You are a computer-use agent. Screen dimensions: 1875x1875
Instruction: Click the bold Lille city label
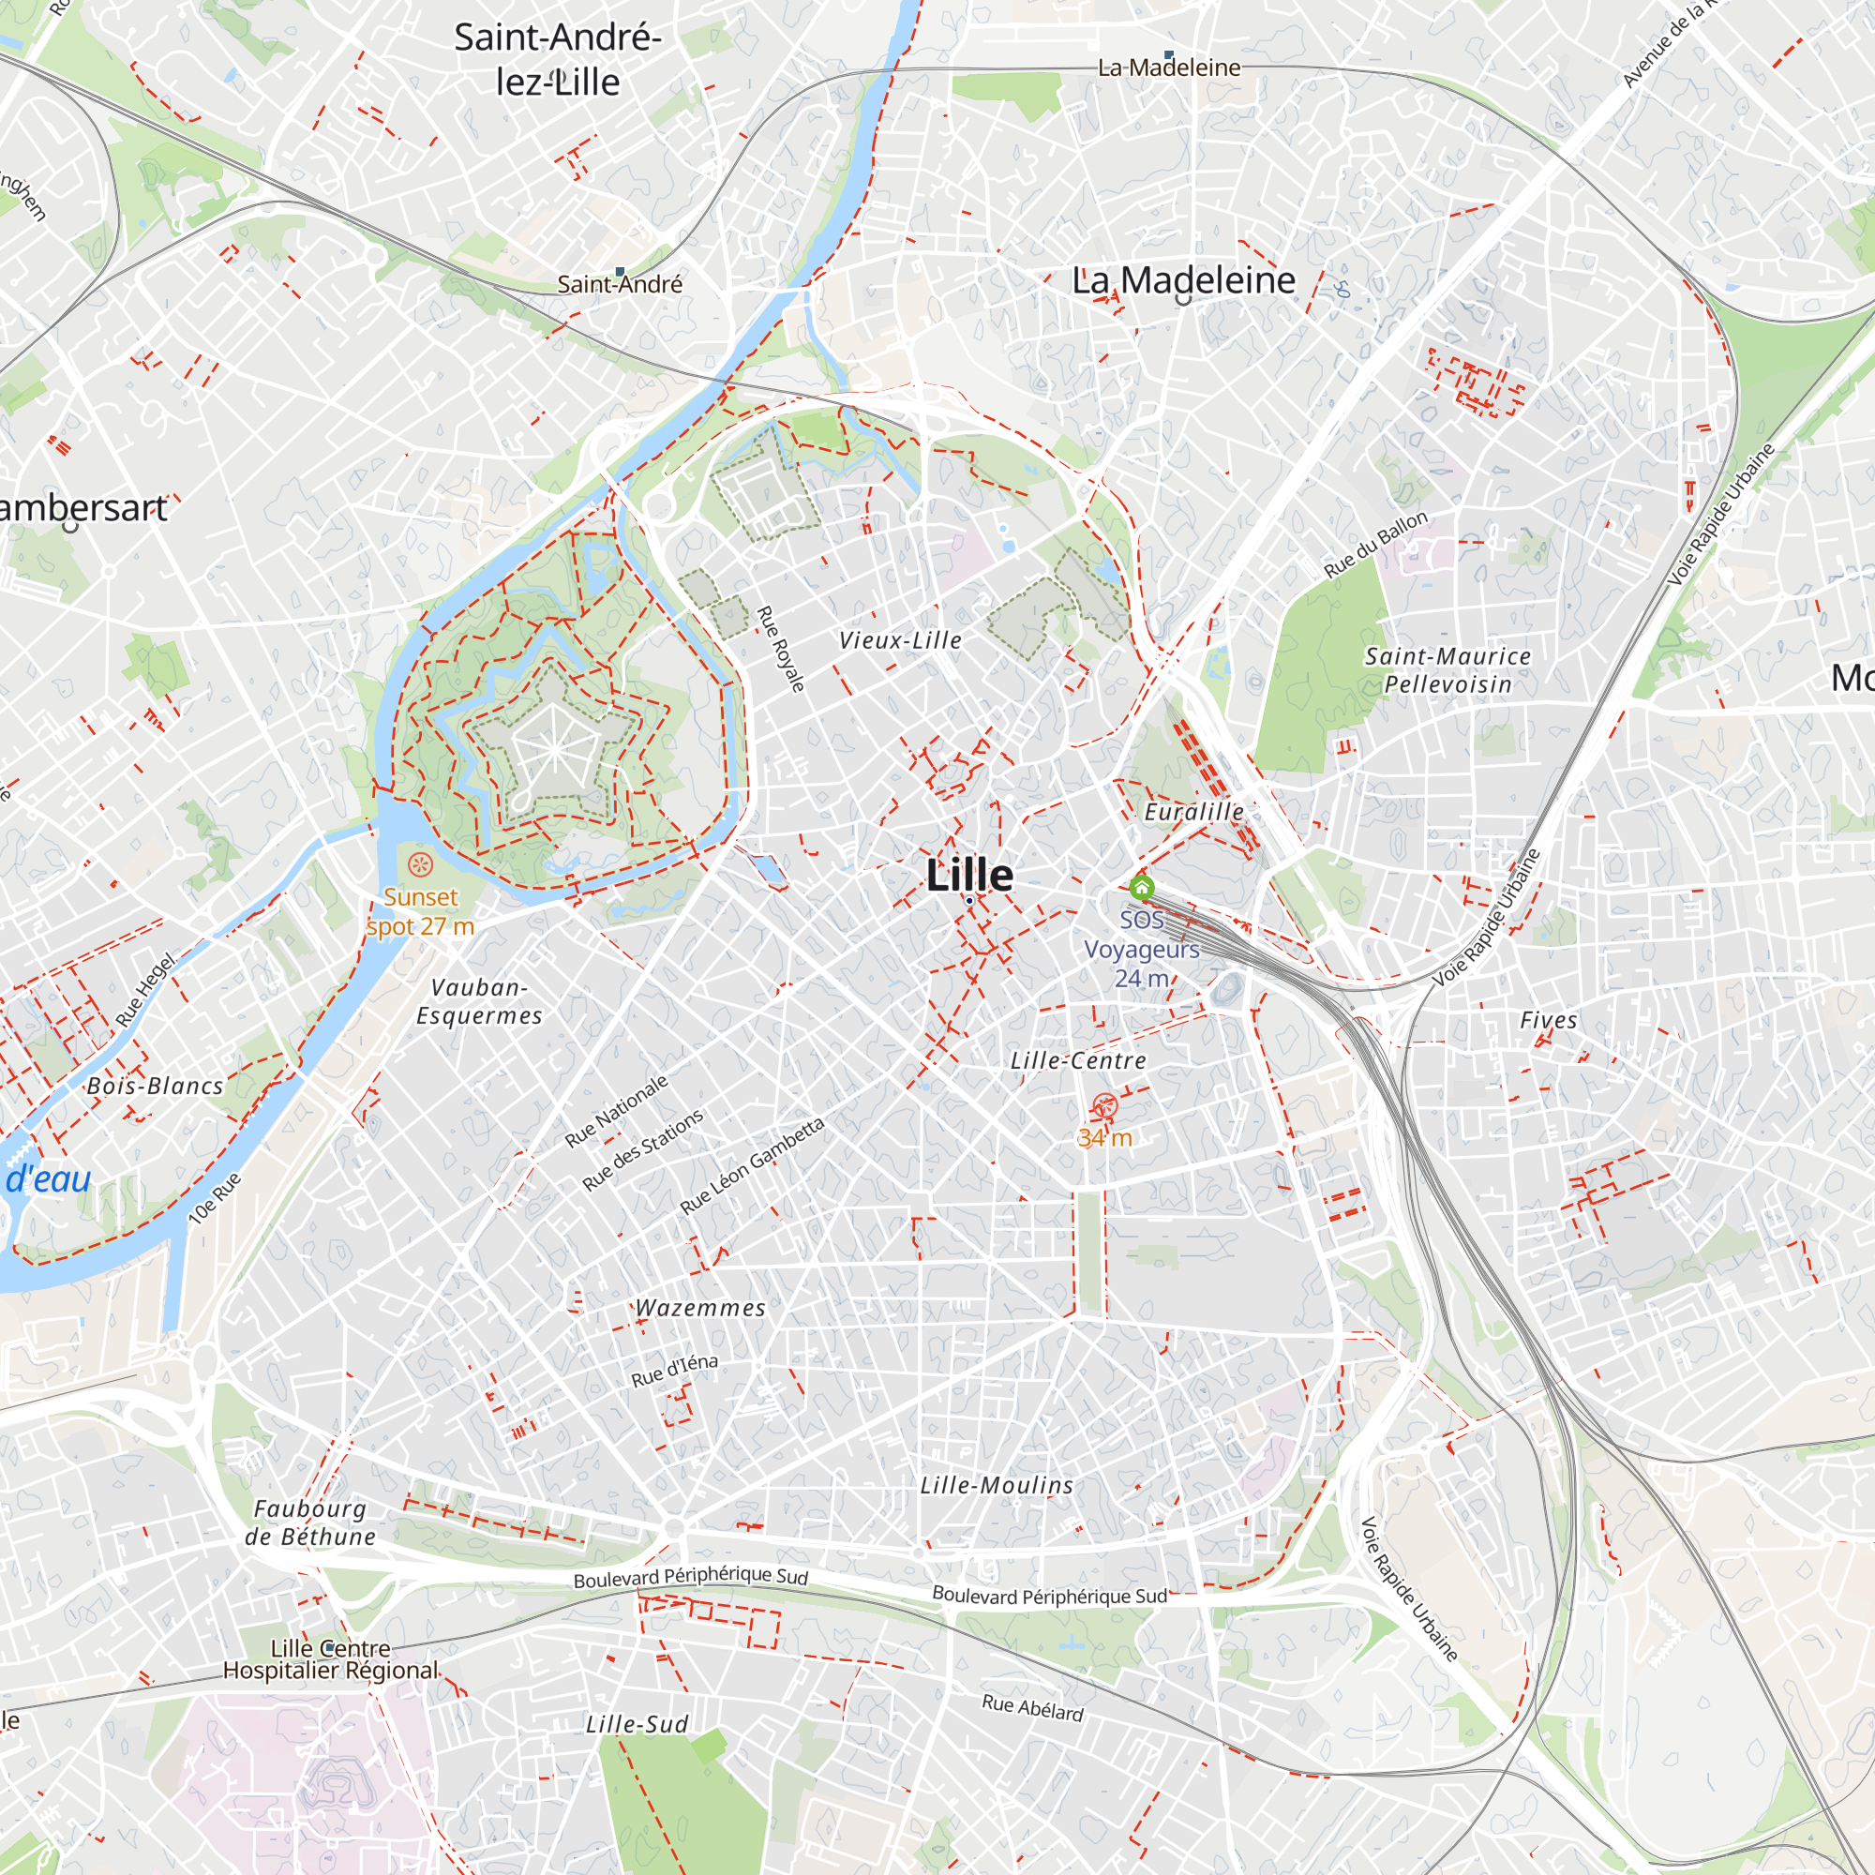pos(968,876)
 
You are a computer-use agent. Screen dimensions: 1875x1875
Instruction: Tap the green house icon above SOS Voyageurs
pos(1141,887)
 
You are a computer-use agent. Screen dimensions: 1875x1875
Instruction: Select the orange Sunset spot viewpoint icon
pos(420,863)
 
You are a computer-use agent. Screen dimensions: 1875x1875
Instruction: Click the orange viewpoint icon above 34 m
pos(1104,1105)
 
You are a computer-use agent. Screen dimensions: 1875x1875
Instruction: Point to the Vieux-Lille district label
pos(900,640)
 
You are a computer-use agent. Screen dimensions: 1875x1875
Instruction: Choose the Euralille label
pos(1193,811)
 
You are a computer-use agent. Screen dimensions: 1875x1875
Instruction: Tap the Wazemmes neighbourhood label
pos(699,1308)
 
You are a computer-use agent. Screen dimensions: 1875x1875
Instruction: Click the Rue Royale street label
pos(780,649)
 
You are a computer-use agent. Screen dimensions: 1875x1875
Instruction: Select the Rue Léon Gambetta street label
pos(752,1165)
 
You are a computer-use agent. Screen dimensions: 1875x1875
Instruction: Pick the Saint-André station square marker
pos(620,272)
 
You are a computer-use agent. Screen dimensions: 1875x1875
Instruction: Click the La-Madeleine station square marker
pos(1168,55)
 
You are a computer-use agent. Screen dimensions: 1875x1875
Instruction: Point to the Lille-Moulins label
pos(997,1486)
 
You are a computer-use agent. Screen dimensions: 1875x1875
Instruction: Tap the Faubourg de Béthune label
pos(309,1522)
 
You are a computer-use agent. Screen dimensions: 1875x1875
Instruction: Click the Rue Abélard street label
pos(1031,1708)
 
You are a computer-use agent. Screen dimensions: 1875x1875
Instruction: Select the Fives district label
pos(1548,1020)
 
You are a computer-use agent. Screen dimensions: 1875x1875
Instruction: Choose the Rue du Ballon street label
pos(1376,545)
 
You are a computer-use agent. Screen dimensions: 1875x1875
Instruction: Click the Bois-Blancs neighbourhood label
pos(156,1086)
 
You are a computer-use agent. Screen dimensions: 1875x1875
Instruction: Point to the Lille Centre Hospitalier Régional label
pos(330,1659)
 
